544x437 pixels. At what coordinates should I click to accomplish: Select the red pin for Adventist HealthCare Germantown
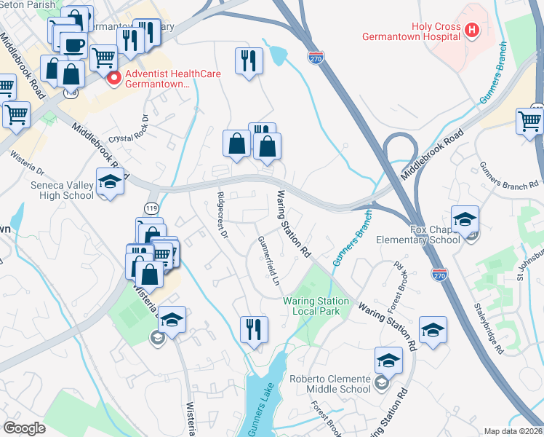pyautogui.click(x=113, y=79)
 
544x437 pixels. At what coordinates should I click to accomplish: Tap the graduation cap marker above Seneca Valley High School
pyautogui.click(x=109, y=181)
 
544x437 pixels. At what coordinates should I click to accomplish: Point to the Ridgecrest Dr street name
pyautogui.click(x=223, y=215)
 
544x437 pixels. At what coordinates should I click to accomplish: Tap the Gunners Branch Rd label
pyautogui.click(x=509, y=176)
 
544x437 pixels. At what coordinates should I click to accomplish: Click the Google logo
pyautogui.click(x=24, y=428)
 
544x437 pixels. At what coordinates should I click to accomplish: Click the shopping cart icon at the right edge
pyautogui.click(x=529, y=120)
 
